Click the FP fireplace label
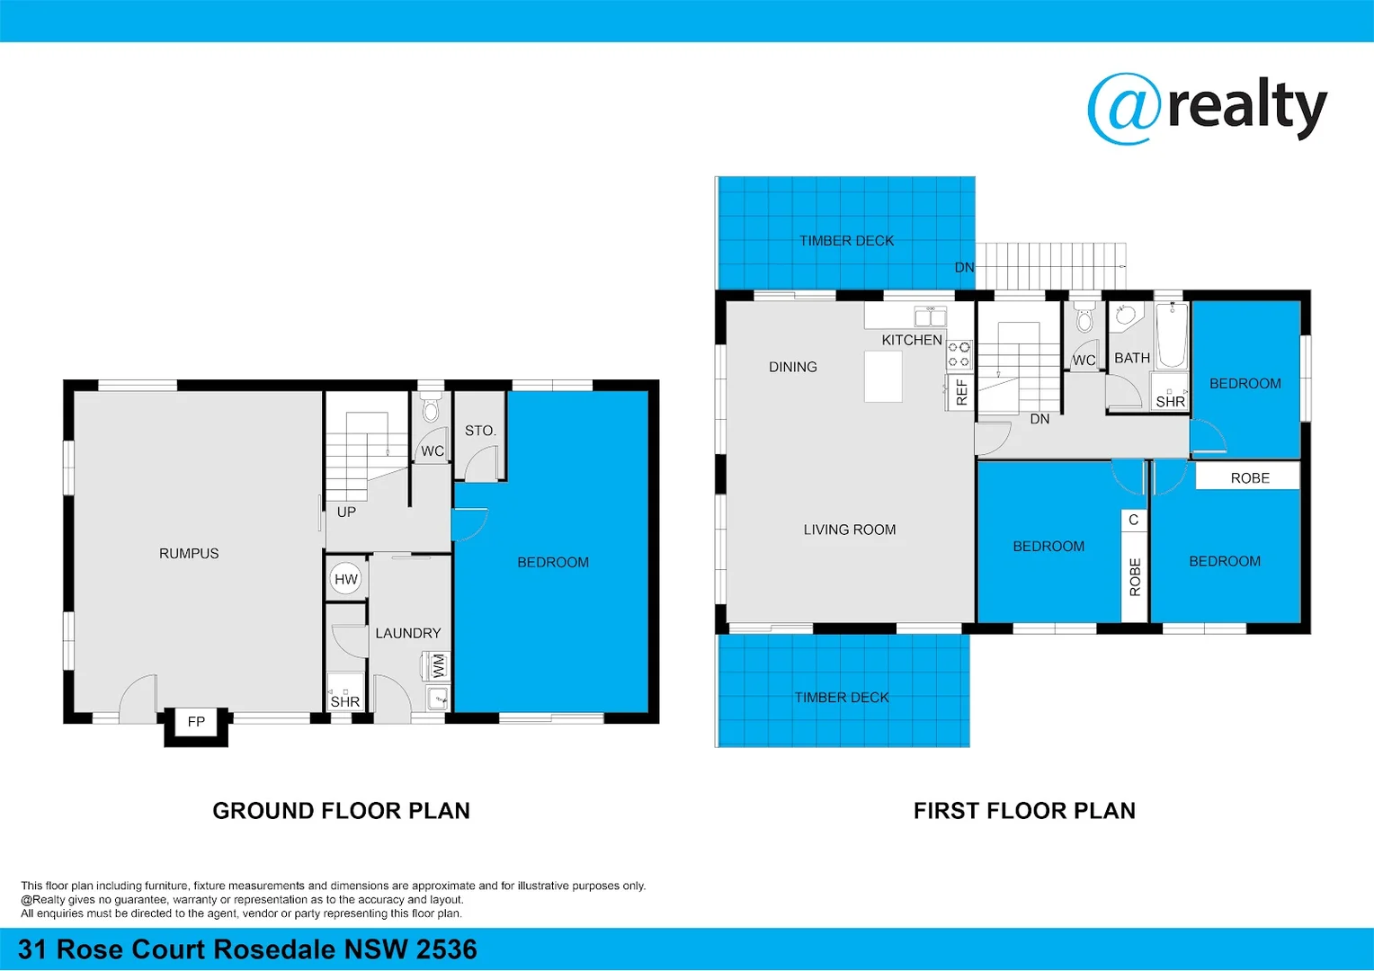196,721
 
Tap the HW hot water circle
346,579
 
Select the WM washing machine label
439,666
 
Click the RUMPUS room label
189,553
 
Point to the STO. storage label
480,431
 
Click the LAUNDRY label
408,633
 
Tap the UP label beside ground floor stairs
346,512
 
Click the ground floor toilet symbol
431,409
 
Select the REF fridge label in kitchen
961,392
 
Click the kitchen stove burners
959,354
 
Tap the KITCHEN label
912,340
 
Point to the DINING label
793,367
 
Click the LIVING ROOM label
850,530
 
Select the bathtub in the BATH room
1172,336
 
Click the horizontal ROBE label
1250,477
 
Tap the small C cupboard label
1134,520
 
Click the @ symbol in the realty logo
1122,109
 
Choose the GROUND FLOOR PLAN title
341,811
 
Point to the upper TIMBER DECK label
846,240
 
